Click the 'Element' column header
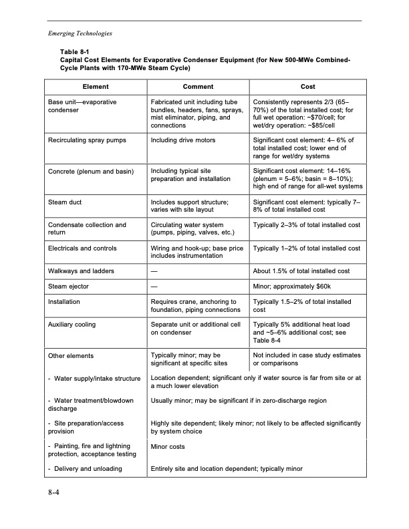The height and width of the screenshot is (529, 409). pyautogui.click(x=96, y=87)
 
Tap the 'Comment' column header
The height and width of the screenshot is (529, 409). pyautogui.click(x=198, y=87)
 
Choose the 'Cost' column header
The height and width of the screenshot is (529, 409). pyautogui.click(x=308, y=87)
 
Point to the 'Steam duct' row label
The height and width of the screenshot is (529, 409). pyautogui.click(x=65, y=200)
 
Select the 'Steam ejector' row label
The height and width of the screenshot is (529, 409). pyautogui.click(x=70, y=287)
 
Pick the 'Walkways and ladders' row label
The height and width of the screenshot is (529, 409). pyautogui.click(x=81, y=271)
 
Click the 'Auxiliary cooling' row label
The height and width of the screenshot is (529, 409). pyautogui.click(x=72, y=325)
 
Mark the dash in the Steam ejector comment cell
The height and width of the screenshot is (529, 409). pyautogui.click(x=154, y=287)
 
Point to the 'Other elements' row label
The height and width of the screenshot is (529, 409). pyautogui.click(x=71, y=356)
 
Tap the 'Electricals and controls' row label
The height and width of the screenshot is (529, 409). pyautogui.click(x=83, y=248)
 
